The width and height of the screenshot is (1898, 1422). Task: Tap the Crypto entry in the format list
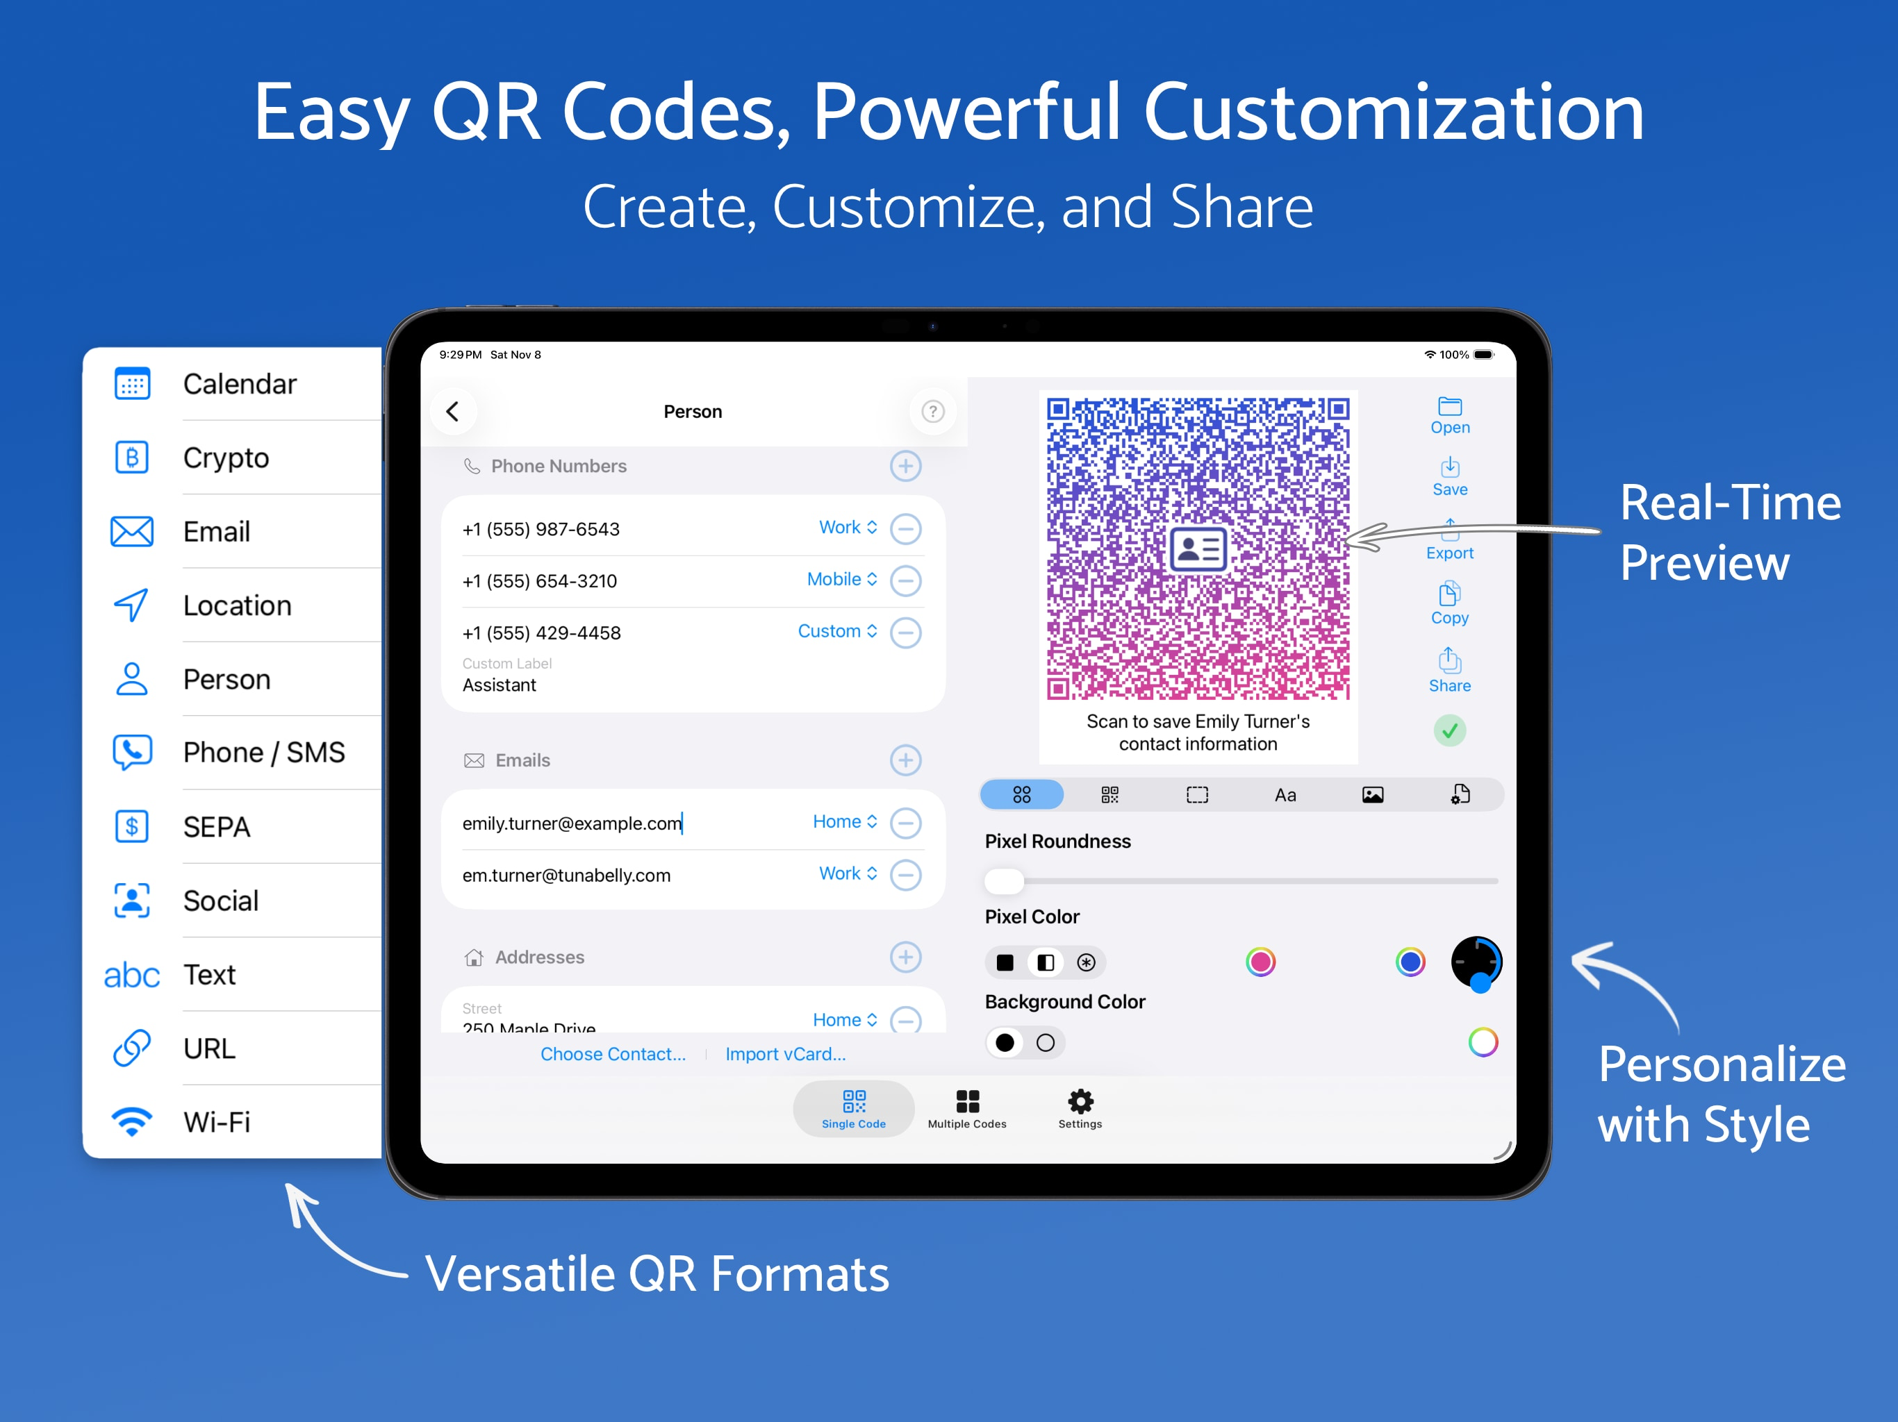tap(226, 458)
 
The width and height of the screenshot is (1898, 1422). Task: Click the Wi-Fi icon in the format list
tap(132, 1121)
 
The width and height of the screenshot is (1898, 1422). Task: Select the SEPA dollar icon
tap(132, 826)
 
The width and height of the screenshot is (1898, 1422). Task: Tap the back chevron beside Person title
tap(452, 412)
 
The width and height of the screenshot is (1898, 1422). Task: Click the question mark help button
tap(933, 412)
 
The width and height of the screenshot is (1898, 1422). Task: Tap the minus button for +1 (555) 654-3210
tap(905, 580)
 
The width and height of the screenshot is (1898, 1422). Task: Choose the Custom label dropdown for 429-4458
tap(837, 631)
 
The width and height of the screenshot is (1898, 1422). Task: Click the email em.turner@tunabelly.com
tap(566, 875)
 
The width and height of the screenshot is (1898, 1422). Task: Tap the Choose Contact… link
tap(613, 1054)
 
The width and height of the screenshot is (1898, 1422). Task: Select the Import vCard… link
tap(785, 1054)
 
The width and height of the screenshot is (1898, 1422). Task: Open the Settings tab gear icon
tap(1080, 1101)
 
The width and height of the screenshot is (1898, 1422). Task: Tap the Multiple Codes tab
tap(967, 1109)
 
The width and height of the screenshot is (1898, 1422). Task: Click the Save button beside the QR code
tap(1449, 477)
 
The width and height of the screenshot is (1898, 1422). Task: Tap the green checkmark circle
tap(1449, 730)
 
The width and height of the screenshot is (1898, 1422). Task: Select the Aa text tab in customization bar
tap(1285, 795)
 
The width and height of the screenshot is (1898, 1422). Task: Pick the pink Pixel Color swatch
tap(1260, 962)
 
